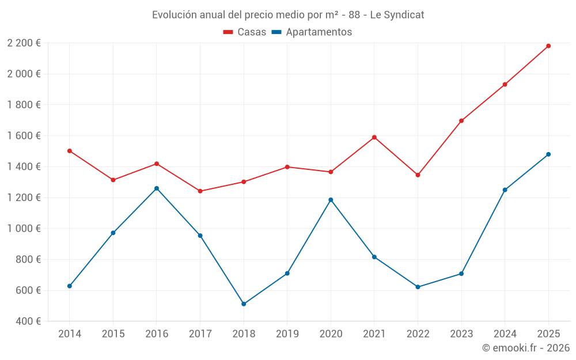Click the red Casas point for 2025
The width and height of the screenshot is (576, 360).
click(548, 46)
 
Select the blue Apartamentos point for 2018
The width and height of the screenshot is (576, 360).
click(244, 304)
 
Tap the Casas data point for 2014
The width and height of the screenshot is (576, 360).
click(70, 151)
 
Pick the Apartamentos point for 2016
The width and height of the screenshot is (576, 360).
click(157, 188)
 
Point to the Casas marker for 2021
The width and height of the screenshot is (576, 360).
click(374, 137)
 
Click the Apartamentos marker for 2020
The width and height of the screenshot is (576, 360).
click(331, 200)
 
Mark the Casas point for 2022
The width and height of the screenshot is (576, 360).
click(418, 175)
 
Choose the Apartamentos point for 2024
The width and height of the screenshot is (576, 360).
click(505, 190)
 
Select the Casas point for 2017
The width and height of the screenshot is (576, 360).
click(200, 191)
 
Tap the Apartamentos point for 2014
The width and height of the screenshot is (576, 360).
click(70, 286)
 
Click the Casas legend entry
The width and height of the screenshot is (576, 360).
click(245, 32)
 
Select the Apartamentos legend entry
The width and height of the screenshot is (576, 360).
click(312, 32)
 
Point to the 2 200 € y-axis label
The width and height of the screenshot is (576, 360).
click(24, 43)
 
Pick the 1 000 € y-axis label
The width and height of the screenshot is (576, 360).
click(24, 229)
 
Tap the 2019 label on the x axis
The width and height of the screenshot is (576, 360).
click(287, 334)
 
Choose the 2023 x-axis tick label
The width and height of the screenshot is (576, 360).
click(461, 334)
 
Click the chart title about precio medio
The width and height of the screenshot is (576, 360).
click(288, 15)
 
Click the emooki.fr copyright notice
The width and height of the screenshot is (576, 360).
click(525, 348)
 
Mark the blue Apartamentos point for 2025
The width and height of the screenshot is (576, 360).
click(548, 154)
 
